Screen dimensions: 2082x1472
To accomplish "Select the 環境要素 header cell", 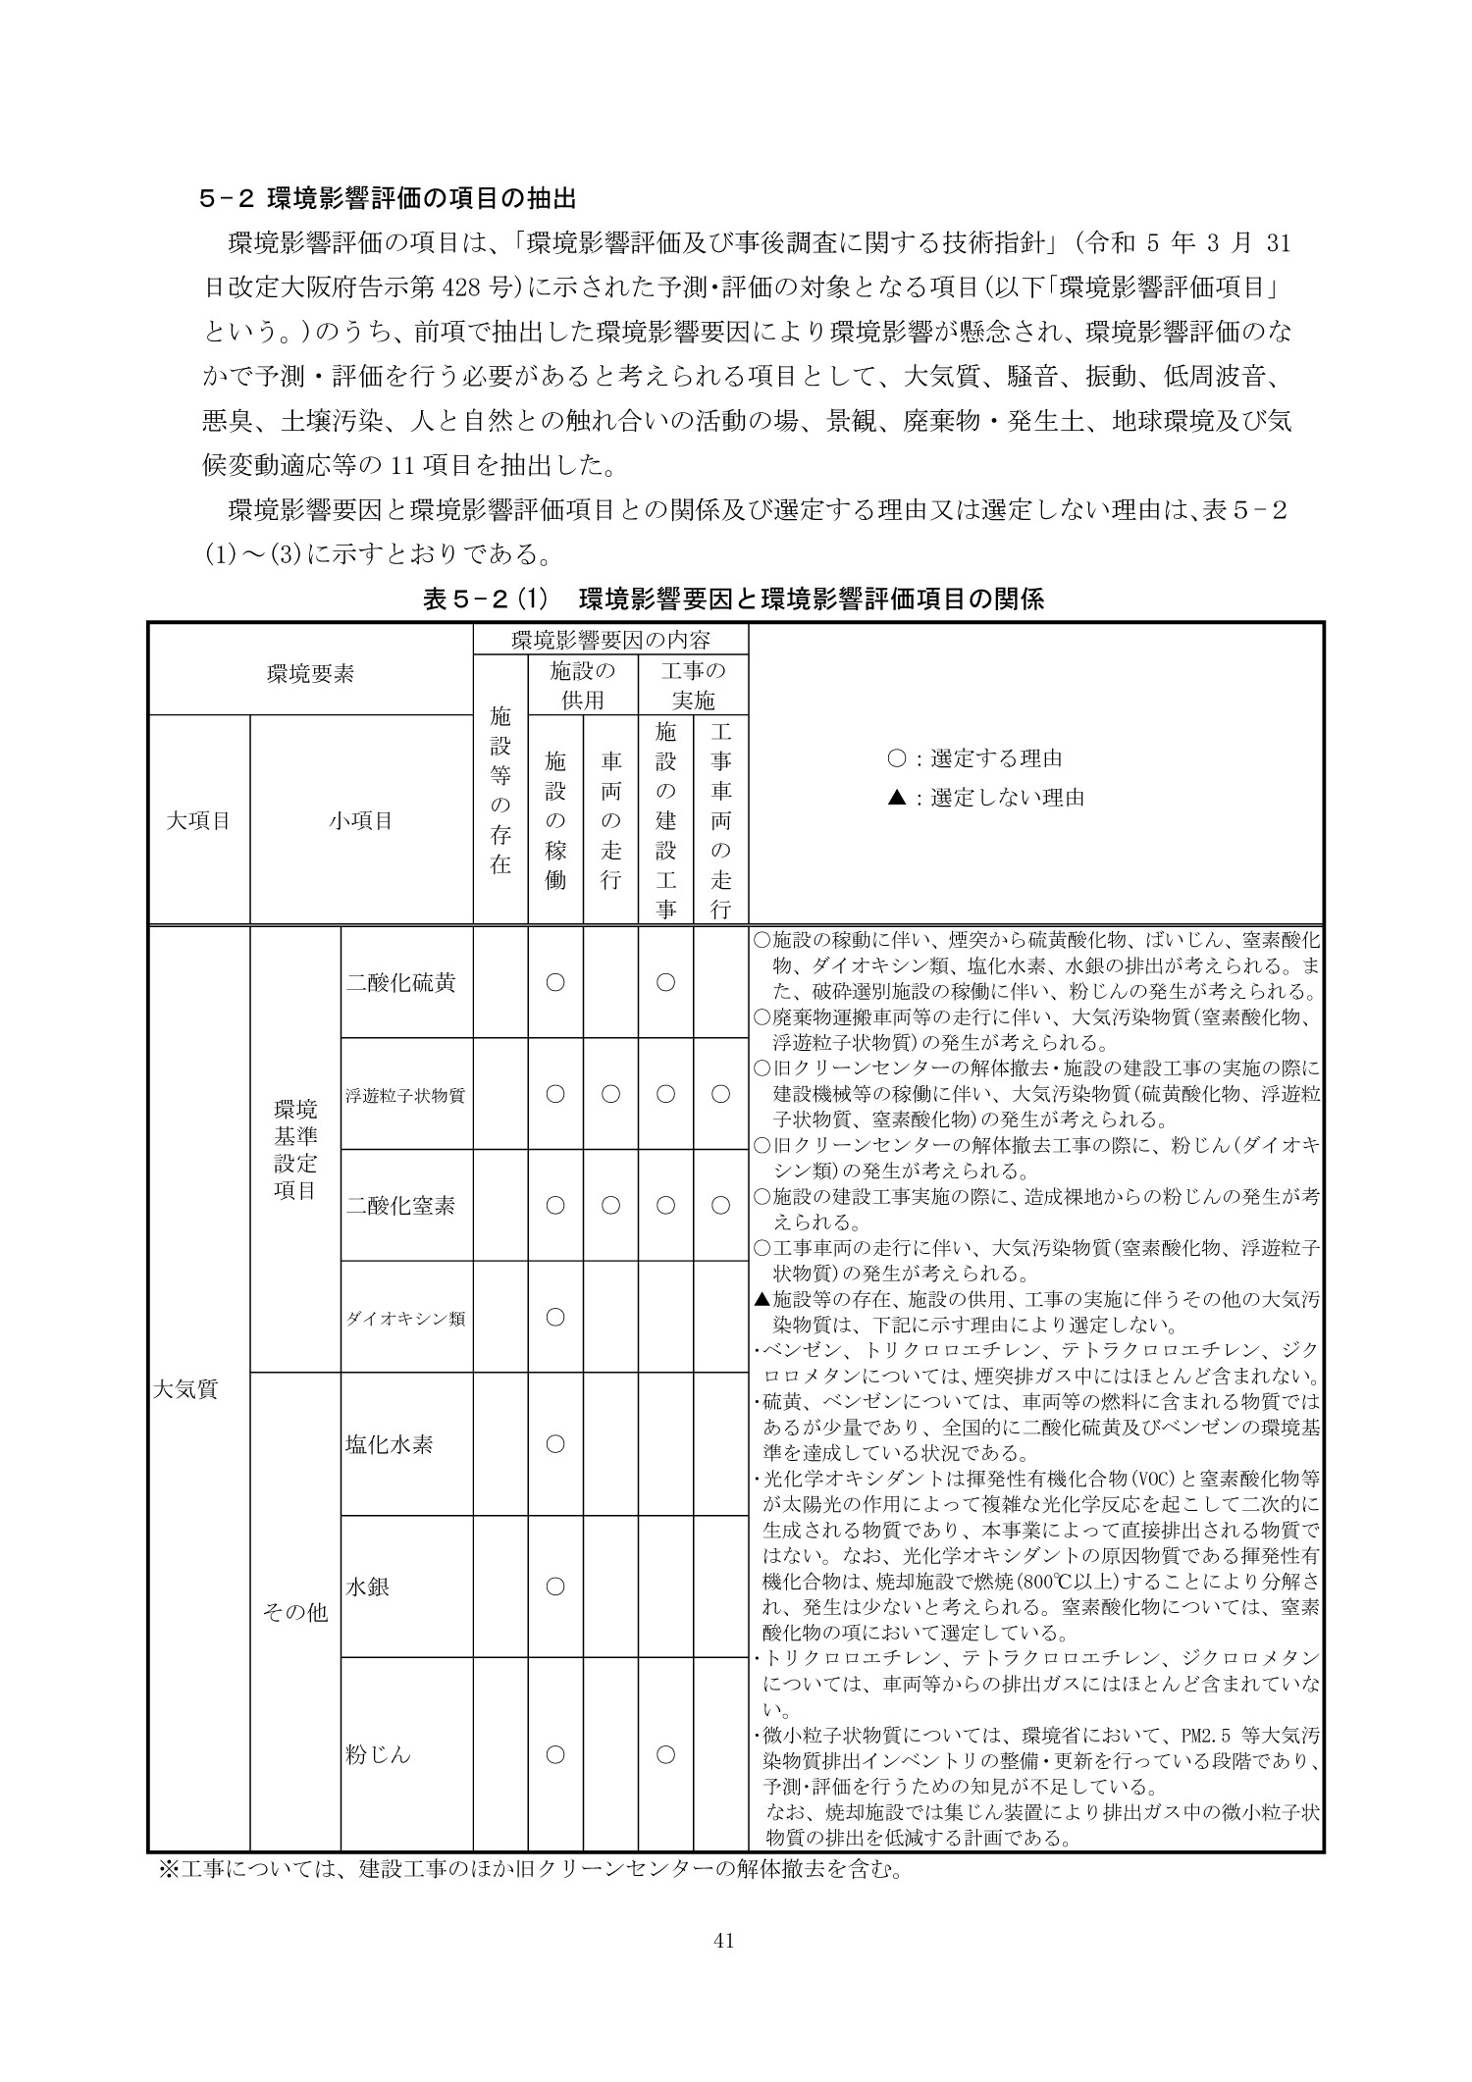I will (311, 674).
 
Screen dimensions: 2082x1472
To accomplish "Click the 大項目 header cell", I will (199, 820).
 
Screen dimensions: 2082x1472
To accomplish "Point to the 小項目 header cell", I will (361, 820).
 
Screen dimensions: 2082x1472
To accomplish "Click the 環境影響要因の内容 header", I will (610, 641).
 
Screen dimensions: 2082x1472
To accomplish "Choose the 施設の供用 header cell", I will (583, 686).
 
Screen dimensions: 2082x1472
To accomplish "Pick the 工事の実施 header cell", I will (693, 686).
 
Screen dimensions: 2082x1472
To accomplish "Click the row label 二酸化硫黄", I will (400, 982).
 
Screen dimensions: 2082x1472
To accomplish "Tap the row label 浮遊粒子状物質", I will (405, 1094).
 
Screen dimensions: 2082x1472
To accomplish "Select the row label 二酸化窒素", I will (400, 1206).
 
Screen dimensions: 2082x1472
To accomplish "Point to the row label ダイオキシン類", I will (405, 1318).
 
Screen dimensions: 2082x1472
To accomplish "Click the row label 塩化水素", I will (390, 1444).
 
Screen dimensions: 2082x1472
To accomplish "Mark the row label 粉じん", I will (379, 1754).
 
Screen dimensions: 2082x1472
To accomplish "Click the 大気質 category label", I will (185, 1388).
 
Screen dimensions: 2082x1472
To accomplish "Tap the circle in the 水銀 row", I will (555, 1586).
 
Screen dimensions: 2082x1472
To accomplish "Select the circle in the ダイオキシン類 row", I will (555, 1318).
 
